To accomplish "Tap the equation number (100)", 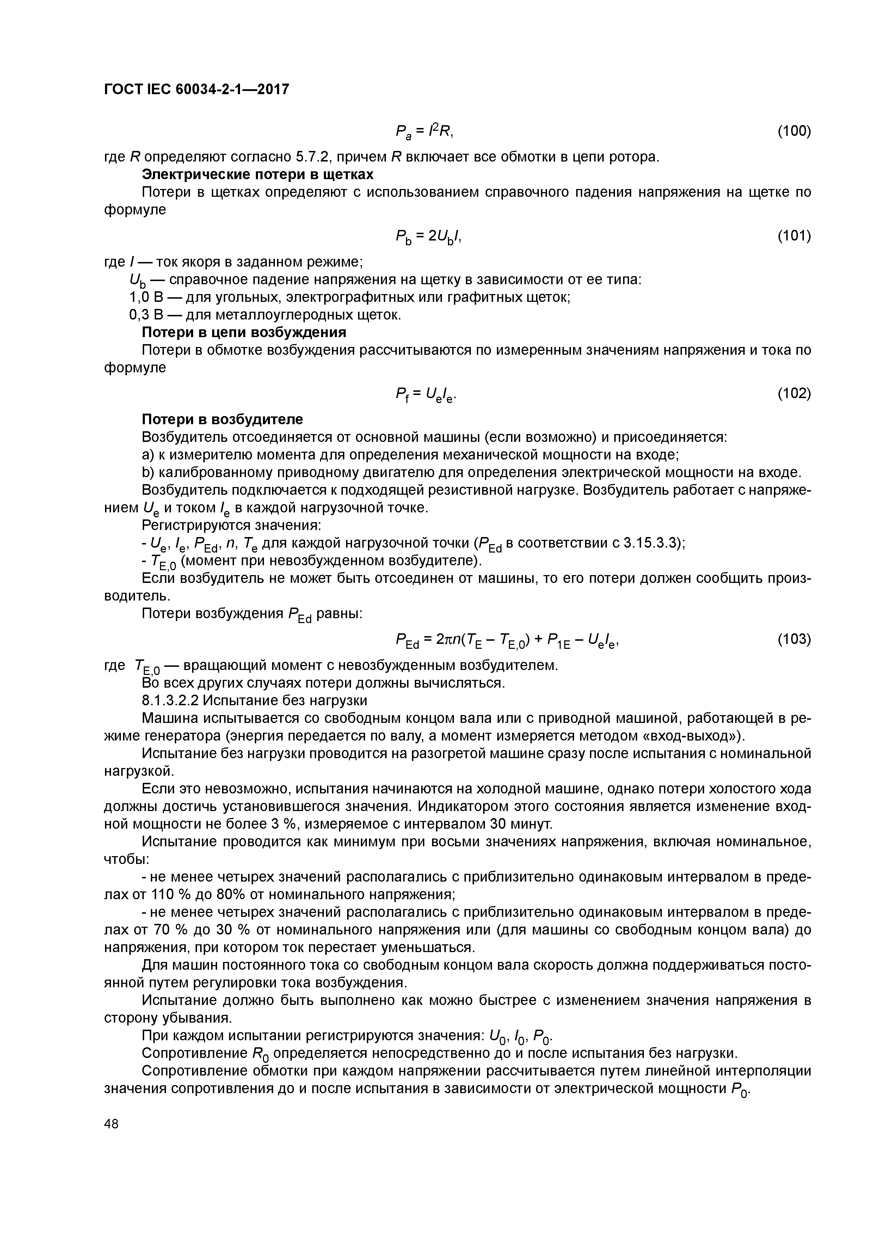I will click(794, 131).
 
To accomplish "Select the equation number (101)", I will click(794, 236).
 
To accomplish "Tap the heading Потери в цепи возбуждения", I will click(244, 333).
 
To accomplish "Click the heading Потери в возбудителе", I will click(222, 419).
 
